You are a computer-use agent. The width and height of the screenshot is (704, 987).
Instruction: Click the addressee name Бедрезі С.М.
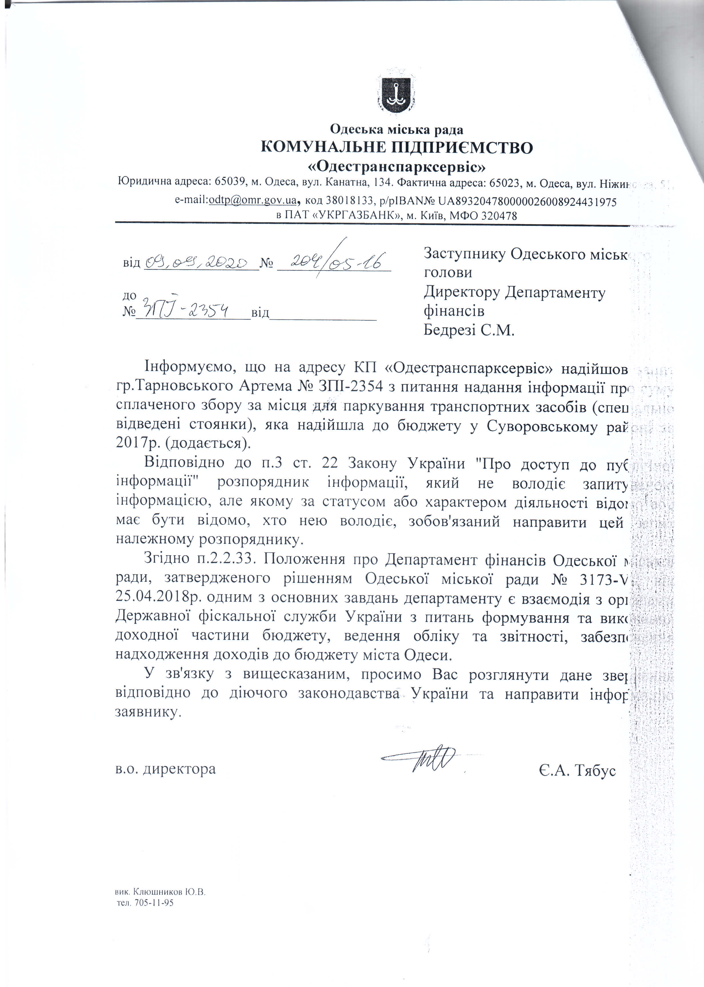[469, 331]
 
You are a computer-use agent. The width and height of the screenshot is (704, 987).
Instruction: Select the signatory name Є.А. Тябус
[577, 770]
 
